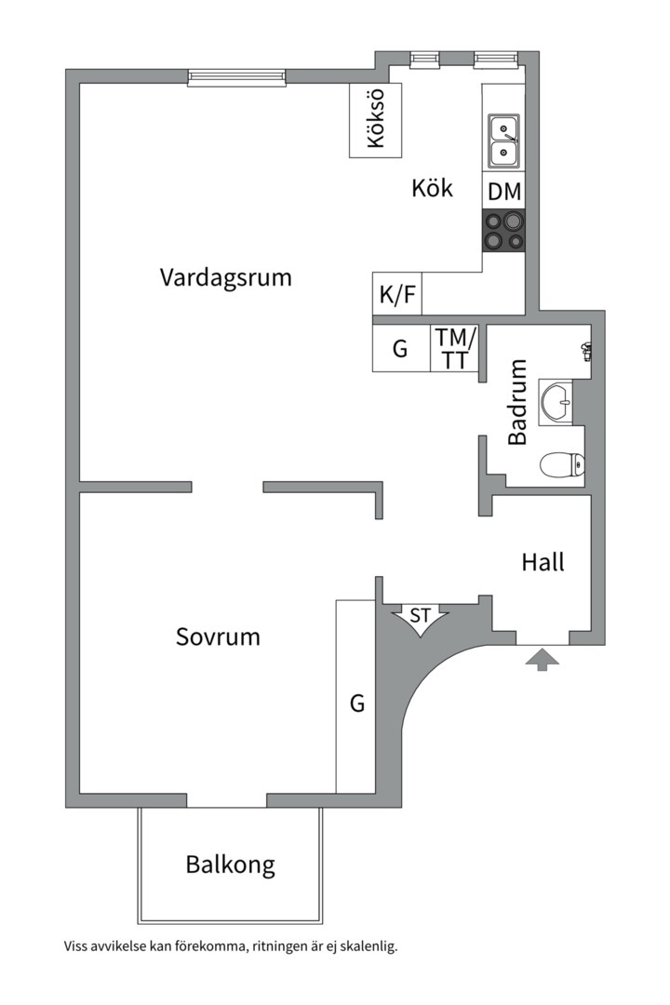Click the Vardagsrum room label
(226, 278)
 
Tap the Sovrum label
(218, 636)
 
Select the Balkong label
(230, 864)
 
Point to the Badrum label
(516, 402)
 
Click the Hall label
(543, 562)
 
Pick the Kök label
(432, 188)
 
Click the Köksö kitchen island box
(376, 120)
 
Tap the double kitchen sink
(504, 141)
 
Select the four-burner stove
(504, 230)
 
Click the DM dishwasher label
(504, 192)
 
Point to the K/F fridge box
(397, 294)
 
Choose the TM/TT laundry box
(454, 348)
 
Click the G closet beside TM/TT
(401, 348)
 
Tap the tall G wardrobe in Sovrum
(355, 697)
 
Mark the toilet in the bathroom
(562, 465)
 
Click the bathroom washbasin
(556, 401)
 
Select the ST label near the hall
(420, 616)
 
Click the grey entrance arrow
(543, 660)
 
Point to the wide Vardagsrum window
(236, 77)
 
